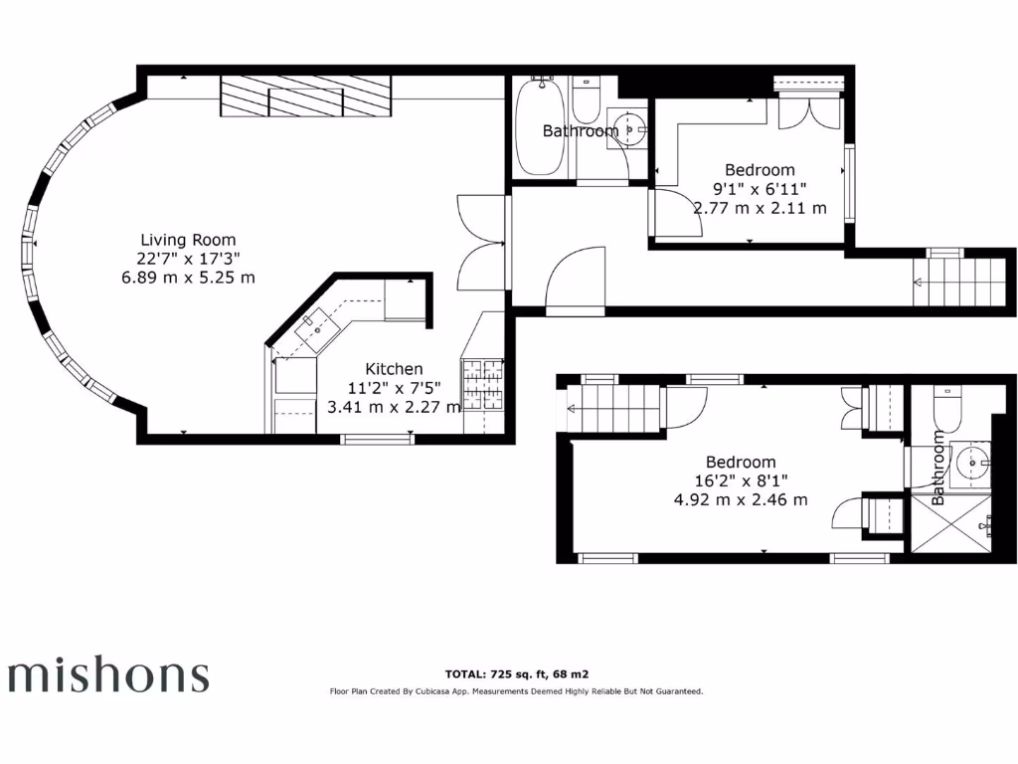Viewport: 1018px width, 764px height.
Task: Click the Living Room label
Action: click(188, 240)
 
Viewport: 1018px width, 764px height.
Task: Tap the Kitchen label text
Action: click(394, 369)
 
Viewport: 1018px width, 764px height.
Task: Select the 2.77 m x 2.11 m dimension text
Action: click(761, 208)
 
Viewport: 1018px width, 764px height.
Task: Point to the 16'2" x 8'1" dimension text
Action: click(741, 480)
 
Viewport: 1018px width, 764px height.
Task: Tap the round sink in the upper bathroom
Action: click(629, 127)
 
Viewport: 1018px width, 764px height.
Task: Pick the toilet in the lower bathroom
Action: click(949, 407)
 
